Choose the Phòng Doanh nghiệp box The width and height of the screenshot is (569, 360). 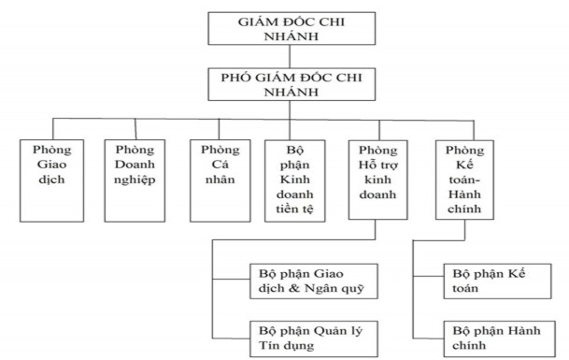tap(134, 177)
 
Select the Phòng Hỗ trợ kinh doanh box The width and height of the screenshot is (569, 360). tap(377, 177)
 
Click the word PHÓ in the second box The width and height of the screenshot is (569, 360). tap(232, 79)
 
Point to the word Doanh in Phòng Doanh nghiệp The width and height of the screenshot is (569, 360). tap(134, 163)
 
